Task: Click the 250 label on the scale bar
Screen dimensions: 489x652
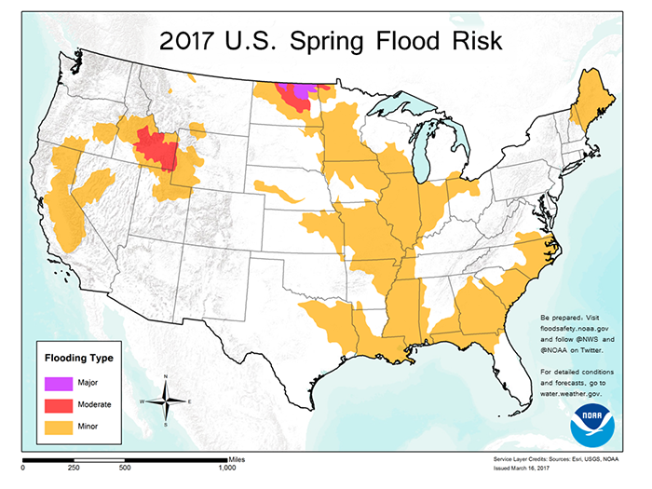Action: tap(74, 468)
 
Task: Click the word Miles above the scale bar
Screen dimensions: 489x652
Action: tap(236, 455)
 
